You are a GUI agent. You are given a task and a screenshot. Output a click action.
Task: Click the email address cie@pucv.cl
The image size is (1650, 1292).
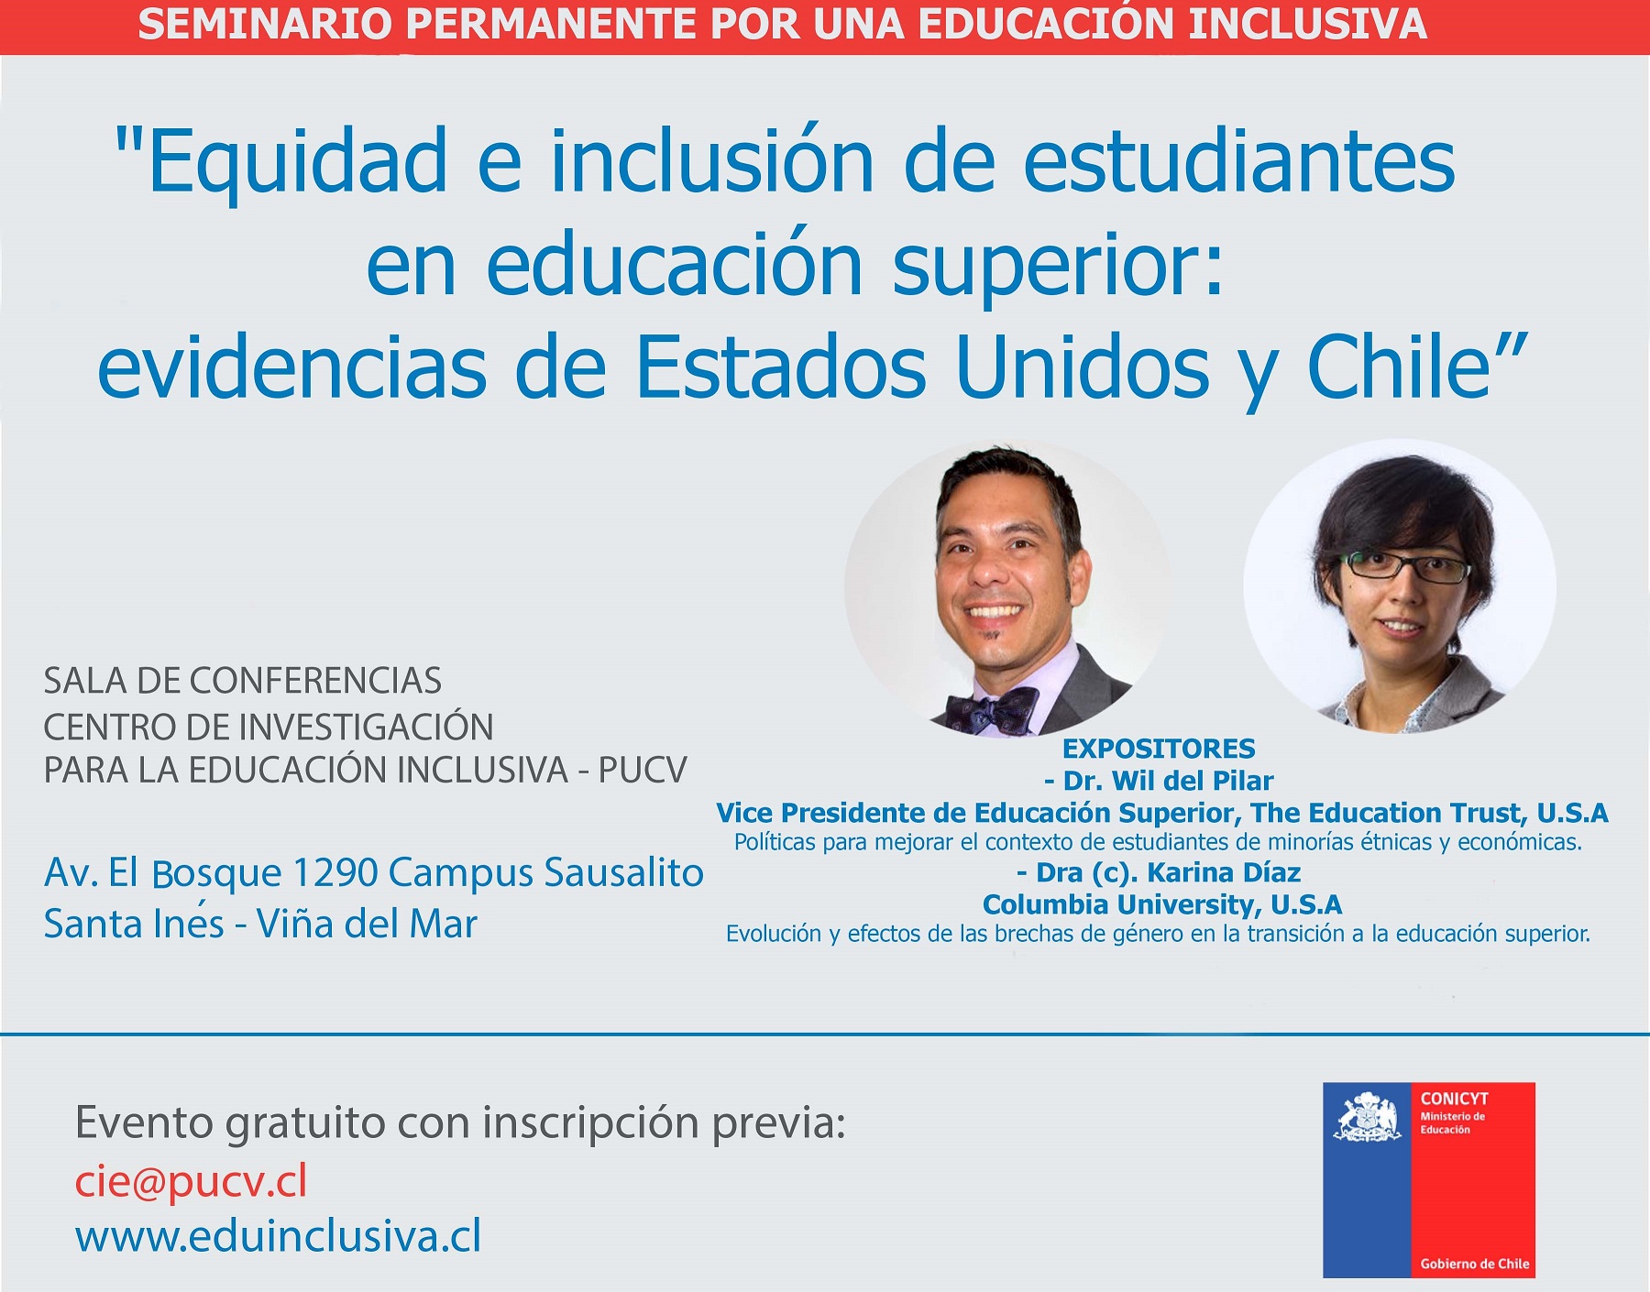(x=191, y=1182)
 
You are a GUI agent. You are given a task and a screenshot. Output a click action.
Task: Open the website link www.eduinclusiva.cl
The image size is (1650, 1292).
(x=278, y=1236)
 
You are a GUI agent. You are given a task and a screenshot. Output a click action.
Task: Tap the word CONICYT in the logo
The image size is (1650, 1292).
(x=1454, y=1099)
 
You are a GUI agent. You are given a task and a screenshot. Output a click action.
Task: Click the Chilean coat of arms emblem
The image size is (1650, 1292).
(x=1368, y=1116)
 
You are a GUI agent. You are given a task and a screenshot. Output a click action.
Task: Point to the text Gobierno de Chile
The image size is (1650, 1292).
(x=1475, y=1264)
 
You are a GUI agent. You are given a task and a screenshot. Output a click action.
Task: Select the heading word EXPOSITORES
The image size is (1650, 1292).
(x=1159, y=749)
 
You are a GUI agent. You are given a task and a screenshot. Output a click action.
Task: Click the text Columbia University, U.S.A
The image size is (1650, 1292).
(x=1162, y=904)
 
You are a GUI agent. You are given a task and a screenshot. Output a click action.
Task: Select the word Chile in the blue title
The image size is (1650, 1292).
(x=1401, y=367)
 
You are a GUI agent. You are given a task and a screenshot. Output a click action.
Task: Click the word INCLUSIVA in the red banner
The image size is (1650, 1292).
(x=1307, y=25)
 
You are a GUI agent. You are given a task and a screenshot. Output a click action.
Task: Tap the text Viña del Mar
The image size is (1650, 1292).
(x=367, y=924)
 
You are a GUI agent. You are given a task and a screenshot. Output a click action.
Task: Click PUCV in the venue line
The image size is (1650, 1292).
(x=643, y=771)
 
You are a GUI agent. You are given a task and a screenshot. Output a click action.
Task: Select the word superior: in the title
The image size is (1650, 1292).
(x=1058, y=266)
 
